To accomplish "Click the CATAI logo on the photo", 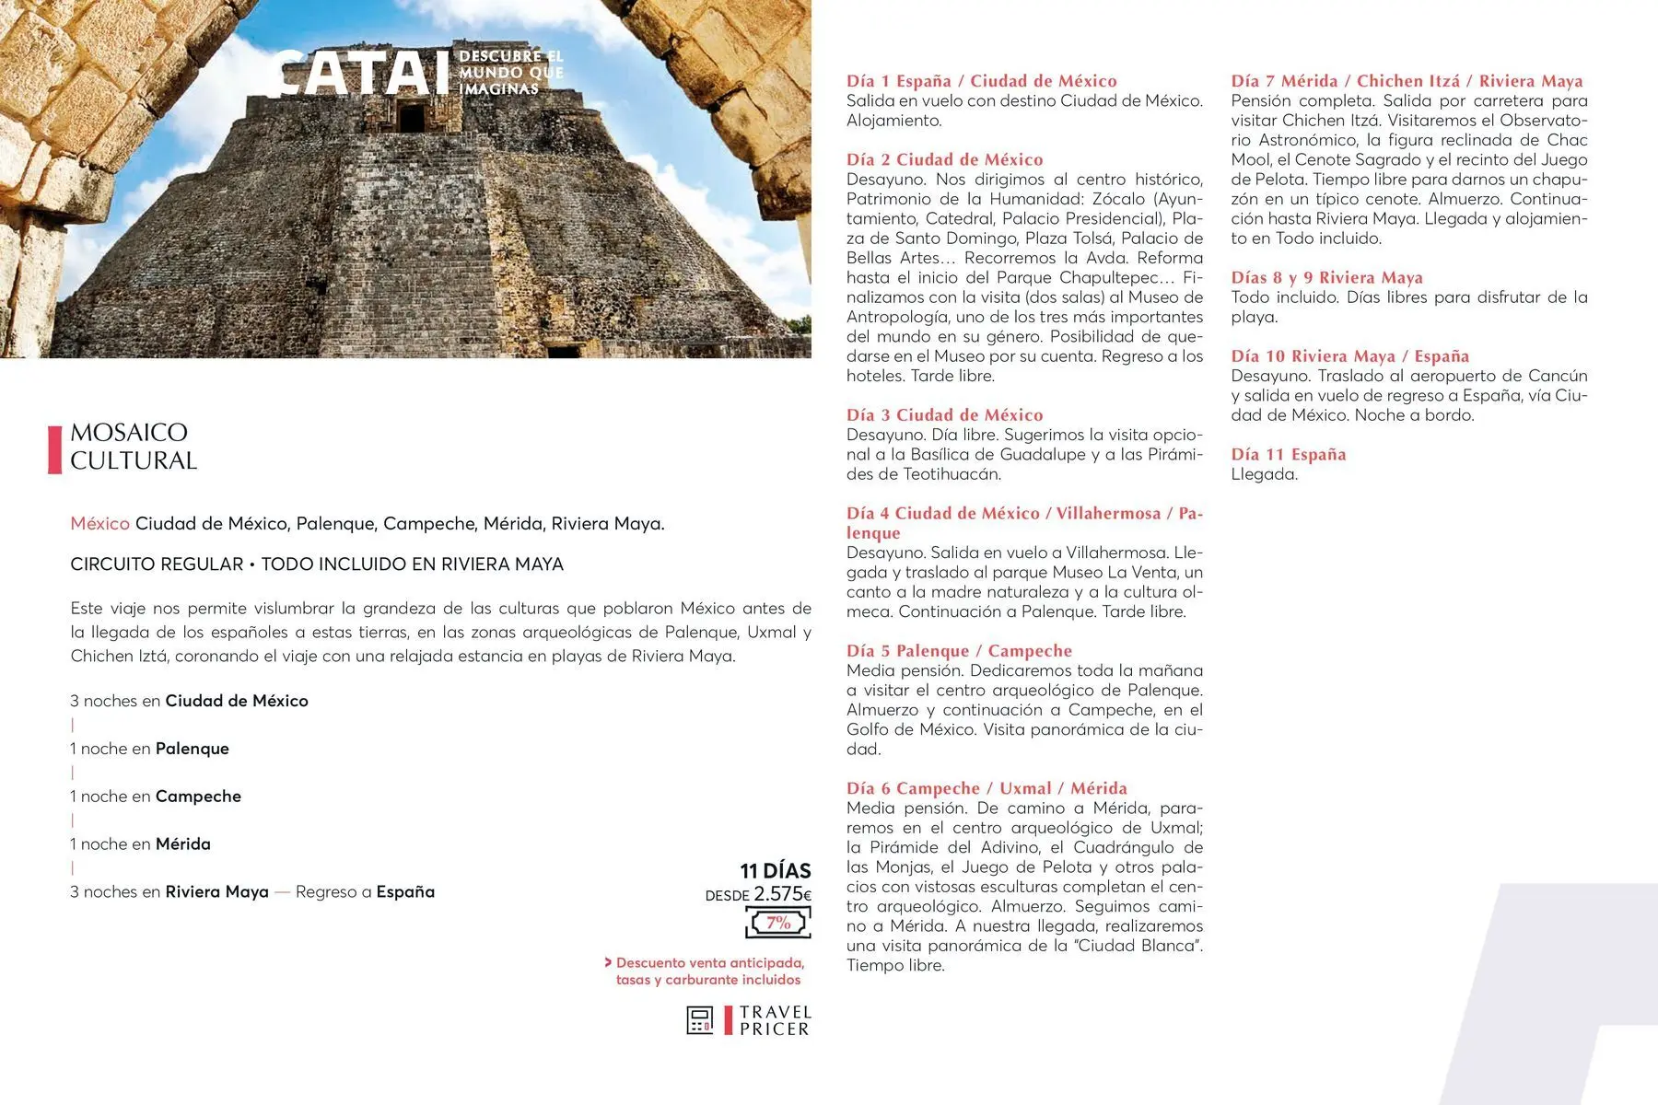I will [x=355, y=74].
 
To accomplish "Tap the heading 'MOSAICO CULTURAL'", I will [x=134, y=447].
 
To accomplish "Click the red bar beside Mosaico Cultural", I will [x=54, y=449].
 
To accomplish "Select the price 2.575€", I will [x=782, y=894].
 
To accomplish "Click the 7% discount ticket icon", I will [x=778, y=923].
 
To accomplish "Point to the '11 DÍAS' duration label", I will [x=776, y=870].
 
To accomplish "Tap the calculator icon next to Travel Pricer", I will [x=700, y=1020].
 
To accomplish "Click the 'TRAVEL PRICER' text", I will [x=775, y=1020].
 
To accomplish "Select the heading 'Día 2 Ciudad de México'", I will [x=945, y=159].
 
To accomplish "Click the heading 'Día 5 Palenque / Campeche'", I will [x=959, y=651].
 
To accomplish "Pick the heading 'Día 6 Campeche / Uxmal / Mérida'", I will [x=987, y=788].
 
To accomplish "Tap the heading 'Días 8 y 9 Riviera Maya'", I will [x=1326, y=277].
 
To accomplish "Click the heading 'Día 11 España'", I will [x=1288, y=454].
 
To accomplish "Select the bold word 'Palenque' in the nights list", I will [x=192, y=749].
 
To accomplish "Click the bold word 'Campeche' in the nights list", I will [x=198, y=797].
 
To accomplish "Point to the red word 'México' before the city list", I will [x=99, y=524].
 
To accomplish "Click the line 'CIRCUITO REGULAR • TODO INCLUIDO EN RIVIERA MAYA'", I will [x=317, y=564].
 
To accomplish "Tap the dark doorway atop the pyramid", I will [x=412, y=117].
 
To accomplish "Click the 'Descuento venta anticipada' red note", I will [x=709, y=963].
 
